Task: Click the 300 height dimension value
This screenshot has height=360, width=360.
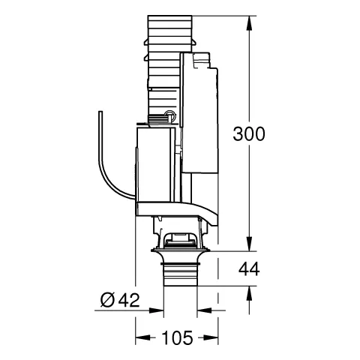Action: click(248, 134)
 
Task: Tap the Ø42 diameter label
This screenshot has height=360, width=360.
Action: click(120, 300)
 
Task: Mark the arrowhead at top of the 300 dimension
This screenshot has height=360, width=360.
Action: click(248, 17)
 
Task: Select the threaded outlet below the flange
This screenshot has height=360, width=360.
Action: click(181, 276)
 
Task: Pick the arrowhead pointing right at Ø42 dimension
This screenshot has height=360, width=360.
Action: click(160, 307)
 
